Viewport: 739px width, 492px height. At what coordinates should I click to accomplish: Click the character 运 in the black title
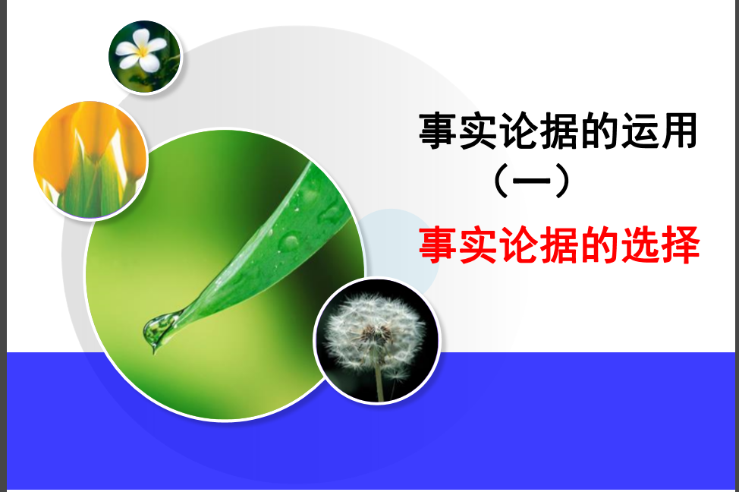(638, 131)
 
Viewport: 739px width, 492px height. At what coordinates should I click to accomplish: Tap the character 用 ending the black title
(678, 131)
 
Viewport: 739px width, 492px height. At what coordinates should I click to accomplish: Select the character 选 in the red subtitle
(640, 244)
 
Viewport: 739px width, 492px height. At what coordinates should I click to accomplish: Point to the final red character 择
(680, 244)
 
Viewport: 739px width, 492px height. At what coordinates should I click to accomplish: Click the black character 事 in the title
(438, 131)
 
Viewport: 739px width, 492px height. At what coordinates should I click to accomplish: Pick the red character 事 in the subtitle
(438, 244)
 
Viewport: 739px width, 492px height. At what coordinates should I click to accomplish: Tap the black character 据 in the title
(558, 131)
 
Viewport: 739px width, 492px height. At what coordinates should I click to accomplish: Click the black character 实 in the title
(478, 131)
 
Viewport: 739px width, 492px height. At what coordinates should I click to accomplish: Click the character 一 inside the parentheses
(532, 181)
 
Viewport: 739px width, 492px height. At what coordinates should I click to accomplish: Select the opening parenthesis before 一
(502, 181)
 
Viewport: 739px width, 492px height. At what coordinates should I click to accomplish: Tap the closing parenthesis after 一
(561, 181)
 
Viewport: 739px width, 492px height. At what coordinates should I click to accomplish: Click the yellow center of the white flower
(142, 51)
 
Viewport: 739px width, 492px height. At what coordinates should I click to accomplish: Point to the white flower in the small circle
(141, 50)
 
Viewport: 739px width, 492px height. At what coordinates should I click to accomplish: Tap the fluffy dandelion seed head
(374, 332)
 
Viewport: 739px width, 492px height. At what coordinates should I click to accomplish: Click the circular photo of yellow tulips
(90, 160)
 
